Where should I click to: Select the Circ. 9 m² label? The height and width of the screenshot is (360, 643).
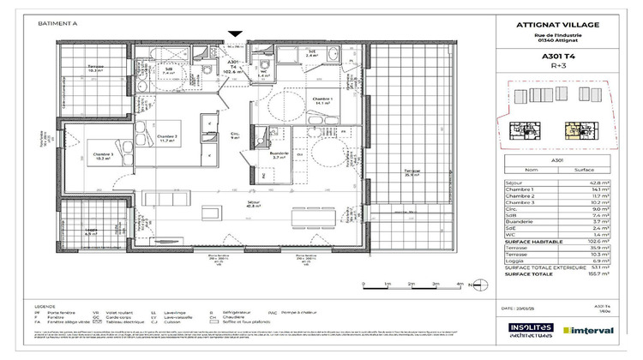tap(237, 135)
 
